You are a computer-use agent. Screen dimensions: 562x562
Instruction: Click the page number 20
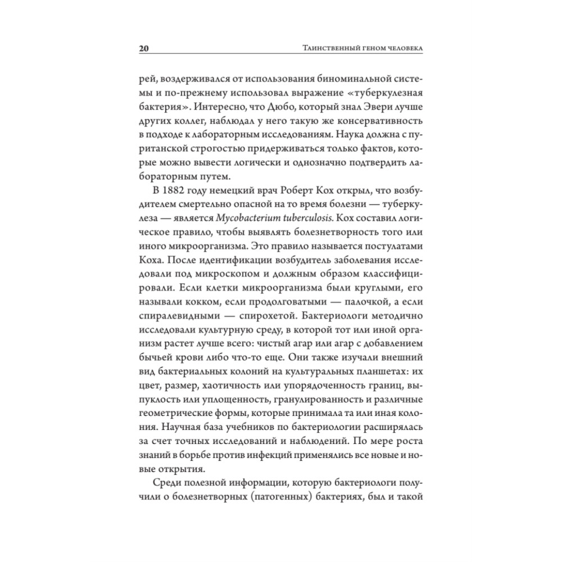(x=143, y=49)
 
